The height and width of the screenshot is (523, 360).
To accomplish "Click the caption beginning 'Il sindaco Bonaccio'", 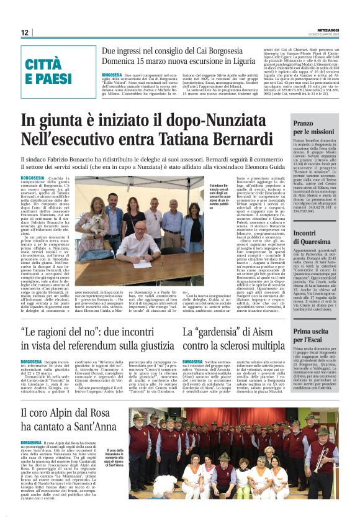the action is coord(210,195).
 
